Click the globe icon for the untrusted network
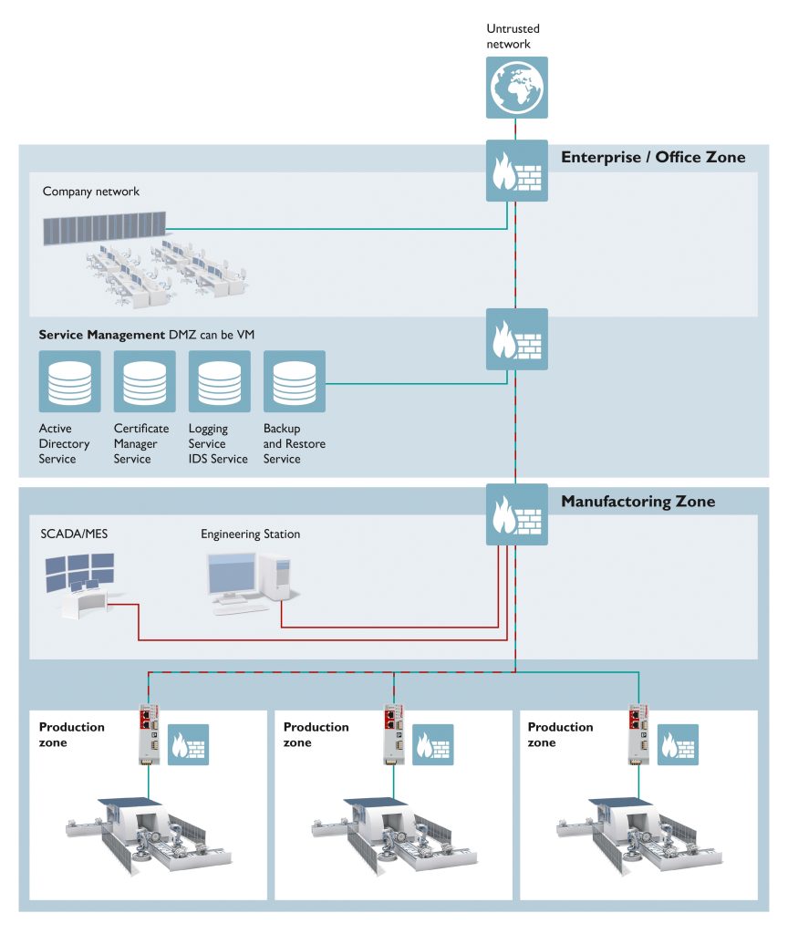click(x=516, y=88)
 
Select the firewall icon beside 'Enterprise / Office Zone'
click(x=516, y=171)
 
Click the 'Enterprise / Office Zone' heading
click(x=652, y=158)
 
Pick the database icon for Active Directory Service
click(x=69, y=381)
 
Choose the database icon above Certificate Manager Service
click(x=144, y=381)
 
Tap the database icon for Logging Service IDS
click(x=219, y=381)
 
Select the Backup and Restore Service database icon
click(x=294, y=381)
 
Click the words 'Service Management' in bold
click(x=101, y=335)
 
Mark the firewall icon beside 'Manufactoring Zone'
click(x=516, y=514)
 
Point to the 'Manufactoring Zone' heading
click(x=638, y=502)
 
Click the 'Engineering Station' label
click(x=250, y=534)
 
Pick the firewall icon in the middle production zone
click(x=432, y=745)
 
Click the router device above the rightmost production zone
click(x=638, y=733)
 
